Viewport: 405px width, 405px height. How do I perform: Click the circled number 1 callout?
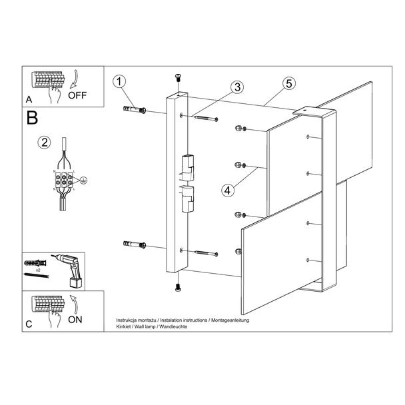119,82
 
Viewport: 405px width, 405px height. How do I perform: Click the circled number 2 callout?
44,143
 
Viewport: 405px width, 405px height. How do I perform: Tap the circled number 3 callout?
237,87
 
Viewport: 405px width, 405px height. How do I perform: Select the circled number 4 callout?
228,191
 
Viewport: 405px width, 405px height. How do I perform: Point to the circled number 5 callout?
289,84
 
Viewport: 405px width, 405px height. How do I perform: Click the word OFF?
77,95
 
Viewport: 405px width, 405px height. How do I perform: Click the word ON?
75,320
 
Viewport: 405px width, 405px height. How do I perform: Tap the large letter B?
32,118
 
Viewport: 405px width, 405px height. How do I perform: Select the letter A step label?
29,99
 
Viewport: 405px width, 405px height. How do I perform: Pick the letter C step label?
29,324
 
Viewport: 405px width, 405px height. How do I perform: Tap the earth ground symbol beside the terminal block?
83,181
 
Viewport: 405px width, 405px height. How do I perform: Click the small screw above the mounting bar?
178,77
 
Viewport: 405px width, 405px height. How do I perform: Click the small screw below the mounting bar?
178,287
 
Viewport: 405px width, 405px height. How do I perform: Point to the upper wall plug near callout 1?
135,109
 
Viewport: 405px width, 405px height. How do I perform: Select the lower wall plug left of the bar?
135,244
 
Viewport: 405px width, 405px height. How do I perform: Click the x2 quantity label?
38,270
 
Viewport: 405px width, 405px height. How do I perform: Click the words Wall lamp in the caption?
144,327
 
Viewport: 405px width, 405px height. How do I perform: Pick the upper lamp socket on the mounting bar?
188,167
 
